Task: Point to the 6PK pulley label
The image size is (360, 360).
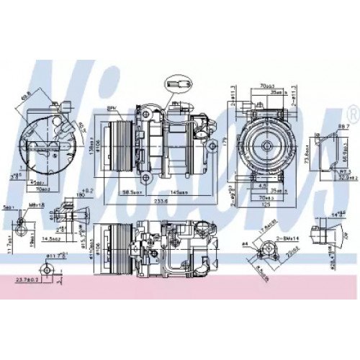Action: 112,108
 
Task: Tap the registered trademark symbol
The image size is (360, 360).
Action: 351,113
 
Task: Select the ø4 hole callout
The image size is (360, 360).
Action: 245,246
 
